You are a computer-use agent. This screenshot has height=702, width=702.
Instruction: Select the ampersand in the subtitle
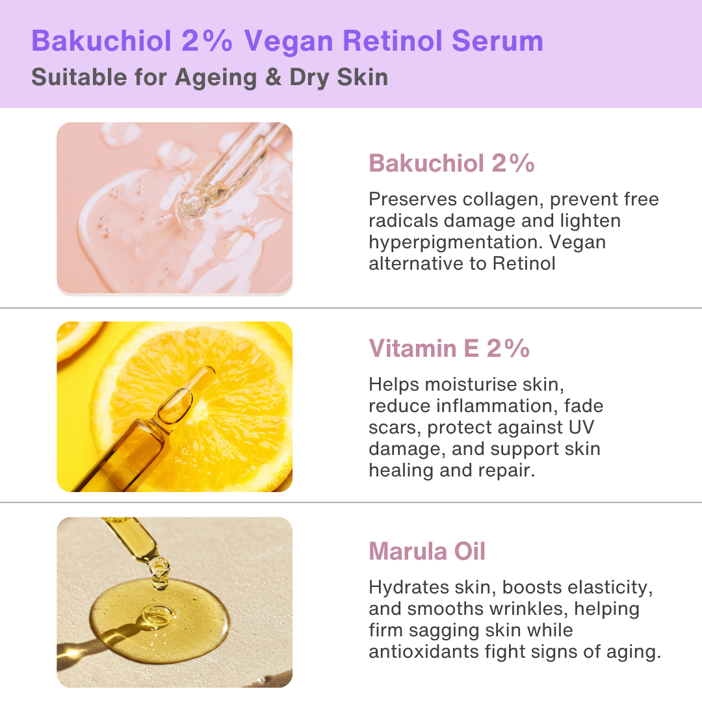274,77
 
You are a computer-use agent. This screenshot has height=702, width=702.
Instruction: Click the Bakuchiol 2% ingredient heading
451,164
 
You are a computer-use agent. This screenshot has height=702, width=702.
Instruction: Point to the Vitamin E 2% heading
449,349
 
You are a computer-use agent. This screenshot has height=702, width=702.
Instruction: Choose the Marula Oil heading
427,552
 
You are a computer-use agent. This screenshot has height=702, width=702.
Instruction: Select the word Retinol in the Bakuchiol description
524,263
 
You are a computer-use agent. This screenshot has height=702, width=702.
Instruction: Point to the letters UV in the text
580,428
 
